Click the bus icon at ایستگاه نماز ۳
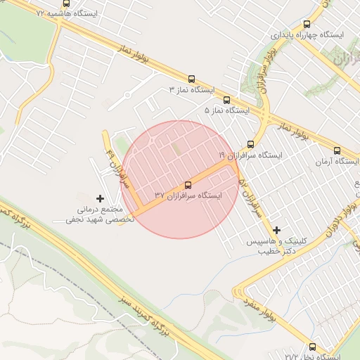coord(191,79)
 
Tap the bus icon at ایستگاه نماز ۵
coord(226,100)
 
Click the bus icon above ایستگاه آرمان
coord(337,150)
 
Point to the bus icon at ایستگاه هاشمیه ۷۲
coord(66,3)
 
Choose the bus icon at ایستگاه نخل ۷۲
coord(312,347)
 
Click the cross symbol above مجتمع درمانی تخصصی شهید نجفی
coord(100,199)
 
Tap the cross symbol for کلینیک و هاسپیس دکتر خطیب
coord(277,230)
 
